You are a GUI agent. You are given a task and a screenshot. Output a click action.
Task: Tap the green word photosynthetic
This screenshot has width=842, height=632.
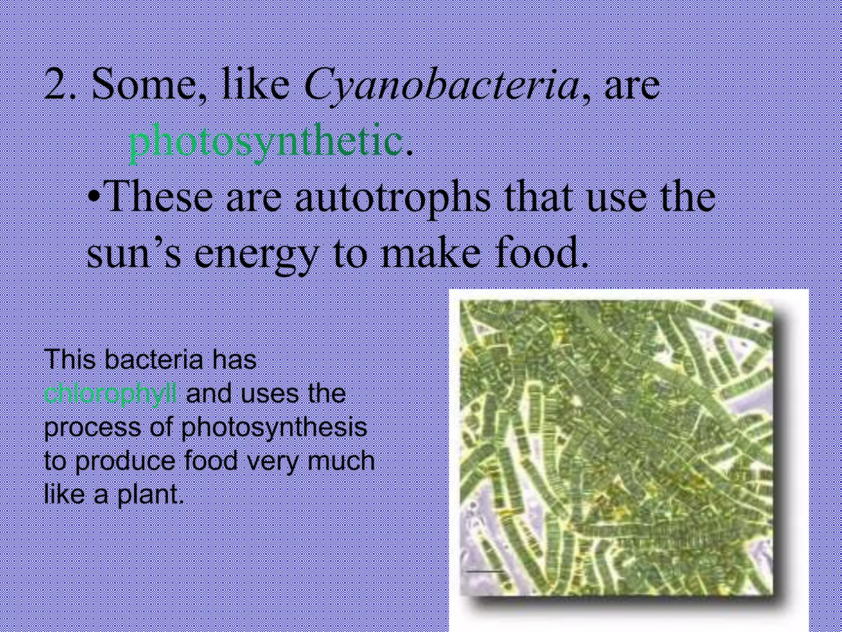pos(265,142)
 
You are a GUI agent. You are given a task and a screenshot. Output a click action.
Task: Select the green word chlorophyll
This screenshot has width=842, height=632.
pos(111,394)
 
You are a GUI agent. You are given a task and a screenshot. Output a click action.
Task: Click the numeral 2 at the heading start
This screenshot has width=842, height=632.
pos(56,84)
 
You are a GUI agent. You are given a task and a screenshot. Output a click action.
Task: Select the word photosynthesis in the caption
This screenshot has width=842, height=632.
pos(274,428)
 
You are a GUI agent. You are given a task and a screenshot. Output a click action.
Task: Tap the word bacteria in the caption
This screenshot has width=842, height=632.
pos(153,360)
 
